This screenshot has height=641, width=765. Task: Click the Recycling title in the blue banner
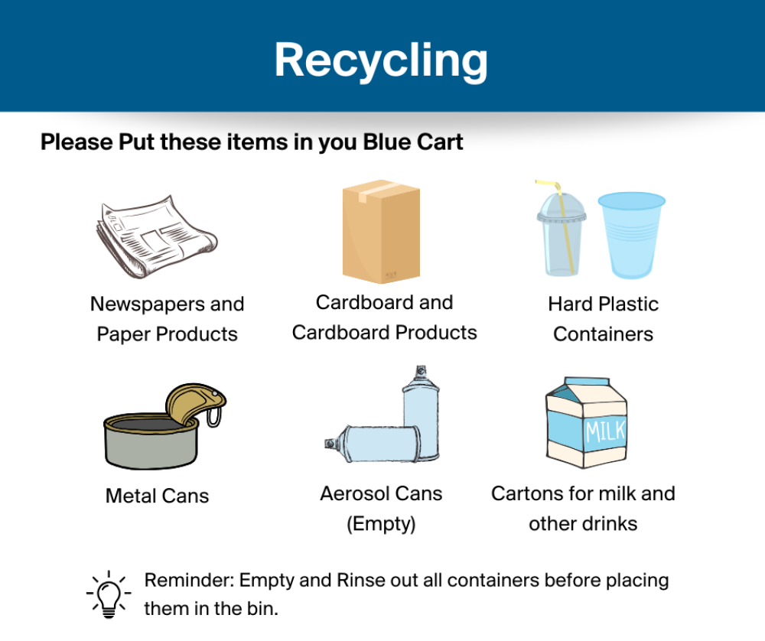381,60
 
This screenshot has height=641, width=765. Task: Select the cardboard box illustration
381,231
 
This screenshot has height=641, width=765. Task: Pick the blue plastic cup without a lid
631,235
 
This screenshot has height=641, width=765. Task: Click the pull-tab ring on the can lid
213,417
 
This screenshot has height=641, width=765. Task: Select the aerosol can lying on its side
373,444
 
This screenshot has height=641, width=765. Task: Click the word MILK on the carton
605,431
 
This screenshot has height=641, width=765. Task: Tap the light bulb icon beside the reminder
109,594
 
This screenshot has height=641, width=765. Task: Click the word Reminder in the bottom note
190,581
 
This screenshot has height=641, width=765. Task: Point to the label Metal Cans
157,496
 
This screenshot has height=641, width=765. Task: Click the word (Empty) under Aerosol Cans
381,524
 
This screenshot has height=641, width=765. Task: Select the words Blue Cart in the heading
413,142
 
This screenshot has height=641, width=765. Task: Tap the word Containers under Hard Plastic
603,334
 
